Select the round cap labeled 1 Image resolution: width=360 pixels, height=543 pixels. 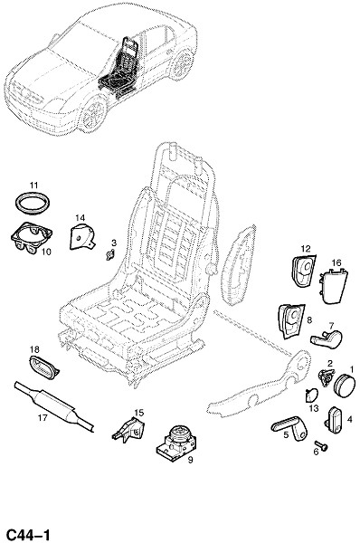click(345, 386)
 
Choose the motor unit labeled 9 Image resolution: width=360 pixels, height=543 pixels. click(176, 443)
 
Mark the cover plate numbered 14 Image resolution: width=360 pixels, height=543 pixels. click(81, 237)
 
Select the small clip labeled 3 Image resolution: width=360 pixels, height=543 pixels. click(110, 255)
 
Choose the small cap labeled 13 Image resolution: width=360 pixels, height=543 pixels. click(311, 395)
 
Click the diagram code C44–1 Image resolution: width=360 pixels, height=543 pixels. click(28, 534)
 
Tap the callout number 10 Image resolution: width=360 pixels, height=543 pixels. click(46, 252)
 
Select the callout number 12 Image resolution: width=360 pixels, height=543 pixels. click(306, 249)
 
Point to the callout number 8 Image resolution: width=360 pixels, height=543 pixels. click(309, 320)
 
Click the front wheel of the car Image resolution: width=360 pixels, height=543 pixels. click(93, 113)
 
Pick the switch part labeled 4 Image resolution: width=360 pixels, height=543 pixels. click(335, 420)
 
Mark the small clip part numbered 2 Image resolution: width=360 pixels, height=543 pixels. click(326, 377)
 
